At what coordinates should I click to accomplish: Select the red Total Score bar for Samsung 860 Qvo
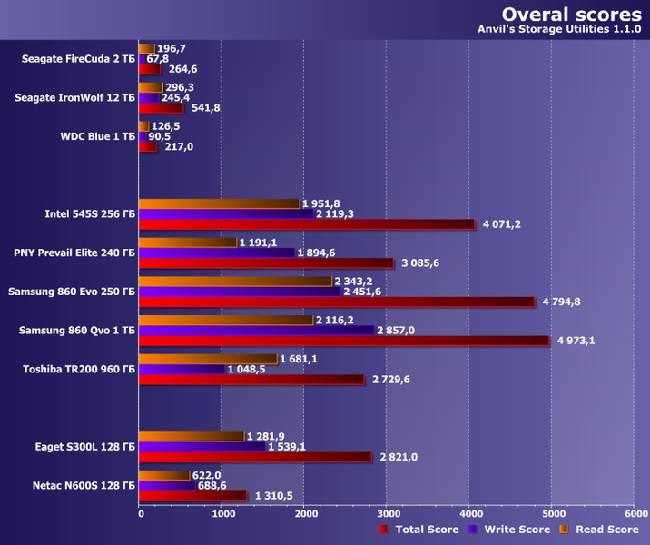click(344, 341)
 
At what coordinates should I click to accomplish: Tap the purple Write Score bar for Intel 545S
click(226, 213)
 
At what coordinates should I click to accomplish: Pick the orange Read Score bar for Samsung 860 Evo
click(236, 282)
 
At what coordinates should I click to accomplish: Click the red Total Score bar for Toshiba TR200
click(251, 380)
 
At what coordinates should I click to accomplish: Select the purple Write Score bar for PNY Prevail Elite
click(217, 253)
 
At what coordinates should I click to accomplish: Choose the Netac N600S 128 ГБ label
click(76, 486)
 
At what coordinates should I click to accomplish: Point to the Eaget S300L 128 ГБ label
click(78, 446)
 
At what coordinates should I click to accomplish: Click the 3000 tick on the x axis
click(388, 513)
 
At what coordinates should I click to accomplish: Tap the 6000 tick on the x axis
click(635, 513)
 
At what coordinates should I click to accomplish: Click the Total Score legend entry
click(420, 530)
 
